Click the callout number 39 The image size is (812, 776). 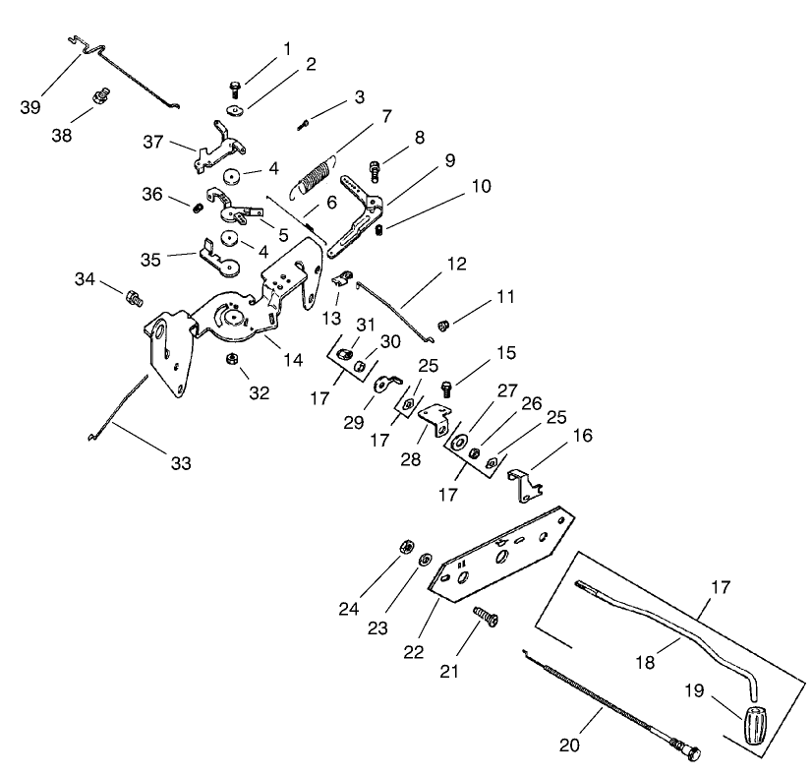point(30,106)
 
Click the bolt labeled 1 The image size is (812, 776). point(236,88)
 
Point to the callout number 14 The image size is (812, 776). point(293,360)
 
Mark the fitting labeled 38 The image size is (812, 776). point(98,96)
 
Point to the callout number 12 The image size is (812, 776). point(455,265)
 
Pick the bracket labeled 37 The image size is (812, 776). point(218,146)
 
